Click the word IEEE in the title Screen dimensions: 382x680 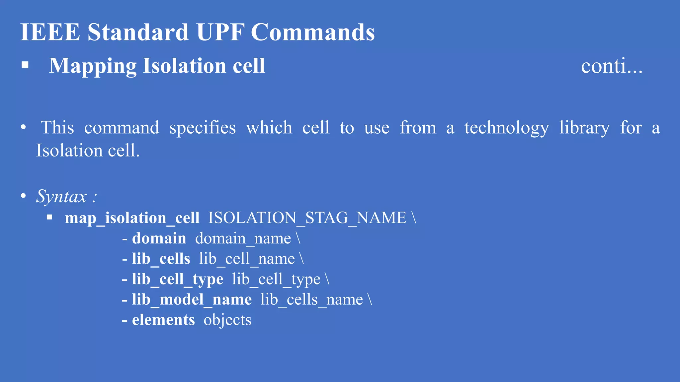click(50, 32)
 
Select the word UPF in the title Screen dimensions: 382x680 click(220, 32)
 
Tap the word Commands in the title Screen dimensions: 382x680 click(313, 32)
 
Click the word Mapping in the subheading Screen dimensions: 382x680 click(93, 66)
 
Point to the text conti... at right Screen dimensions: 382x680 click(612, 66)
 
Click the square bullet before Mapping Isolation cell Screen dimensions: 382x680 click(25, 65)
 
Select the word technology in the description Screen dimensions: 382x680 click(507, 128)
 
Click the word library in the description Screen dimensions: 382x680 click(584, 128)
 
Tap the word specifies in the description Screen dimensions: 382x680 click(203, 128)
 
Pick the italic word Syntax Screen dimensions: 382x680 click(61, 196)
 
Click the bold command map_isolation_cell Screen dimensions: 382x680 click(132, 218)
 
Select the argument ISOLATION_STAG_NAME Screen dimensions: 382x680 click(307, 218)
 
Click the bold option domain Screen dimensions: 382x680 click(159, 239)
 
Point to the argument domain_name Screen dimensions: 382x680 click(243, 239)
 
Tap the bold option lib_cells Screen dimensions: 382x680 click(161, 259)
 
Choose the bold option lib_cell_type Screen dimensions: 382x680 click(178, 280)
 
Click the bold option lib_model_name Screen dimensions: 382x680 click(192, 300)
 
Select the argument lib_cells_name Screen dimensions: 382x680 click(311, 300)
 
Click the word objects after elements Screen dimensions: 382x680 click(227, 320)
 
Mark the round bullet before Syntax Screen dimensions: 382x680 click(23, 196)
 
